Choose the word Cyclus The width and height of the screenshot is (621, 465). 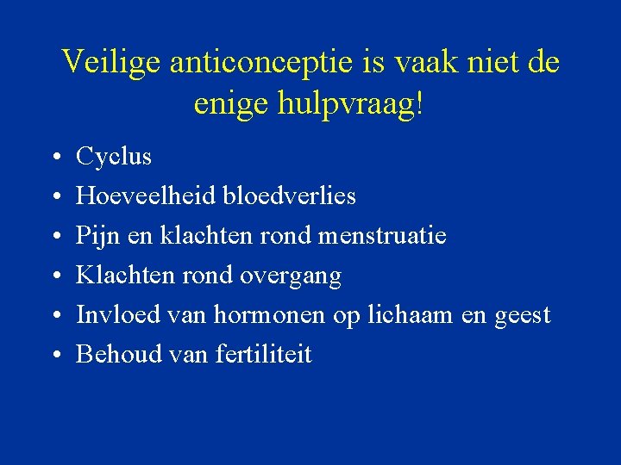coord(114,158)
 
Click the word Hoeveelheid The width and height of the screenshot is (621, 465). coord(147,196)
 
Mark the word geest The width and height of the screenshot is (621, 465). coord(522,315)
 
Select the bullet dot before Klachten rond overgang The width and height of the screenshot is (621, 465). coord(54,277)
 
